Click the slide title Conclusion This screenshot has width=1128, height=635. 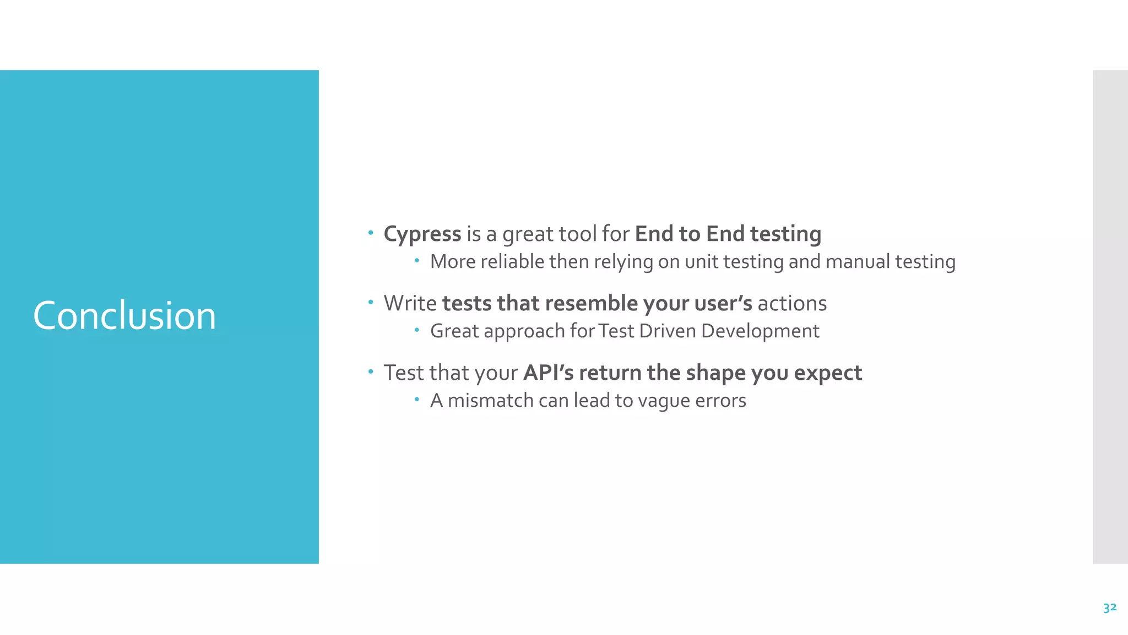coord(124,316)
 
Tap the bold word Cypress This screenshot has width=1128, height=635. coord(422,234)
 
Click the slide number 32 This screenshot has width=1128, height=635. coord(1109,607)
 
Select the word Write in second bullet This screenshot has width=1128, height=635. coord(410,304)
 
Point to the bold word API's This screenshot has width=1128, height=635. coord(548,373)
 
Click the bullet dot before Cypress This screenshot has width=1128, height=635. coord(371,232)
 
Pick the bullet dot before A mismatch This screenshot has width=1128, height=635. coord(417,399)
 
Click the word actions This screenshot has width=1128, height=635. coord(792,304)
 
